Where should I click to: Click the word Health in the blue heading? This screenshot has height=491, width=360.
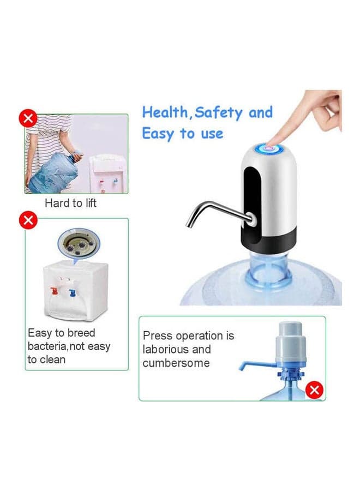(x=165, y=112)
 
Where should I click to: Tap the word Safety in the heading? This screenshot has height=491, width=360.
(x=219, y=113)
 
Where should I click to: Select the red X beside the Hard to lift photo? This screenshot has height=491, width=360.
(x=28, y=118)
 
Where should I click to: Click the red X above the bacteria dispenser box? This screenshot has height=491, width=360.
(x=28, y=221)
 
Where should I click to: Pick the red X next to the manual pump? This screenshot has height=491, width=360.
(x=314, y=390)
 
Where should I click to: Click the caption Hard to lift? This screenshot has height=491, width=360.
(x=70, y=203)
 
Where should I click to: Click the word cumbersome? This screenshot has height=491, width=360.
(x=176, y=363)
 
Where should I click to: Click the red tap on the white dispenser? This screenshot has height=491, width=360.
(x=55, y=291)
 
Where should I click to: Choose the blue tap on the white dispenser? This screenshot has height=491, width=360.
(x=73, y=292)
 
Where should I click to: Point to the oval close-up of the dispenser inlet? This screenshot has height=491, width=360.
(x=79, y=242)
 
